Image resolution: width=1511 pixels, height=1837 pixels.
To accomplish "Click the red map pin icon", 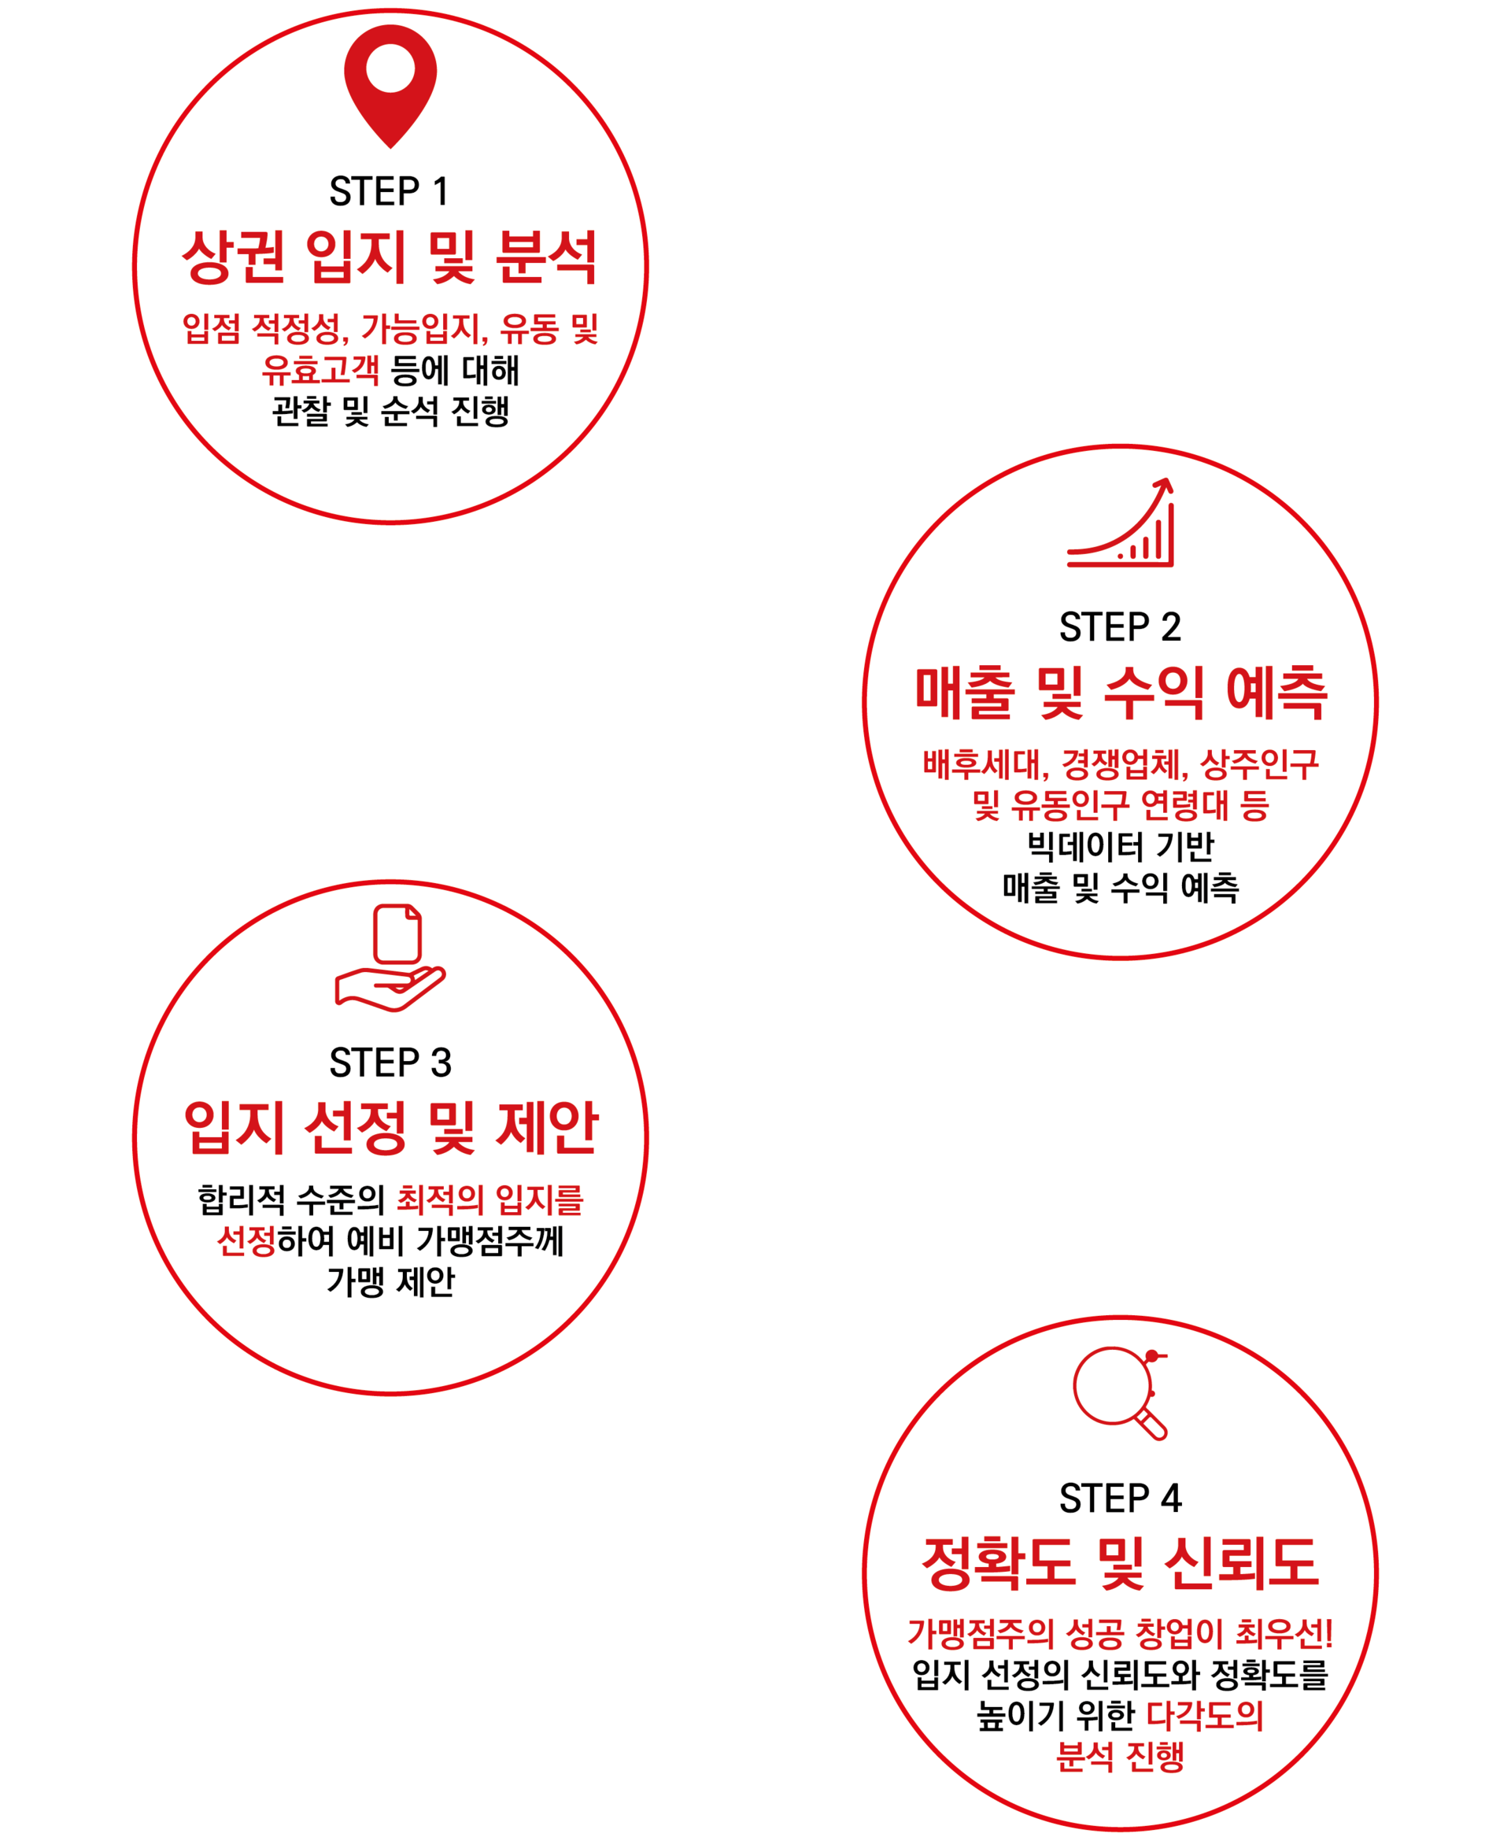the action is [390, 87].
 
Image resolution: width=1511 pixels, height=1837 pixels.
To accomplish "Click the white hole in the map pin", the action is [390, 68].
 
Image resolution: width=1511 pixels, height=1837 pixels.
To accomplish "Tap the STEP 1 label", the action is [389, 191].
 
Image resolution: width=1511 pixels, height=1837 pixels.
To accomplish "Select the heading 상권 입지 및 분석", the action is [390, 257].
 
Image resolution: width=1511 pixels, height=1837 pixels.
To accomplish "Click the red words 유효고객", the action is [320, 370].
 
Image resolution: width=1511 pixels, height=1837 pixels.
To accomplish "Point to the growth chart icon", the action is [1120, 523].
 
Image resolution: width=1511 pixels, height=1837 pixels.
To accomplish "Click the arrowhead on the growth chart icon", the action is [1164, 484].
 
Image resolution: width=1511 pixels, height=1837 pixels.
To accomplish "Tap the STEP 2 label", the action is [1120, 627].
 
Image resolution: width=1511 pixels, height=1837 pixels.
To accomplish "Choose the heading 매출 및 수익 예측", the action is [1121, 693].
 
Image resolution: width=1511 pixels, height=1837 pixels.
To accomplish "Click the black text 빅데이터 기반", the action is [1120, 846].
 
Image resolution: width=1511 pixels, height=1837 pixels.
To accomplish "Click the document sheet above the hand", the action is [397, 933].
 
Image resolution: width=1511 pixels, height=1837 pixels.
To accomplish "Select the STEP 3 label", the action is [390, 1063].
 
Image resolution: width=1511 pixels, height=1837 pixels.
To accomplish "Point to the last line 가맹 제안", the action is [390, 1281].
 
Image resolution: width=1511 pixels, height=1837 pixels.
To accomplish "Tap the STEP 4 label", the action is [1120, 1499].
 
